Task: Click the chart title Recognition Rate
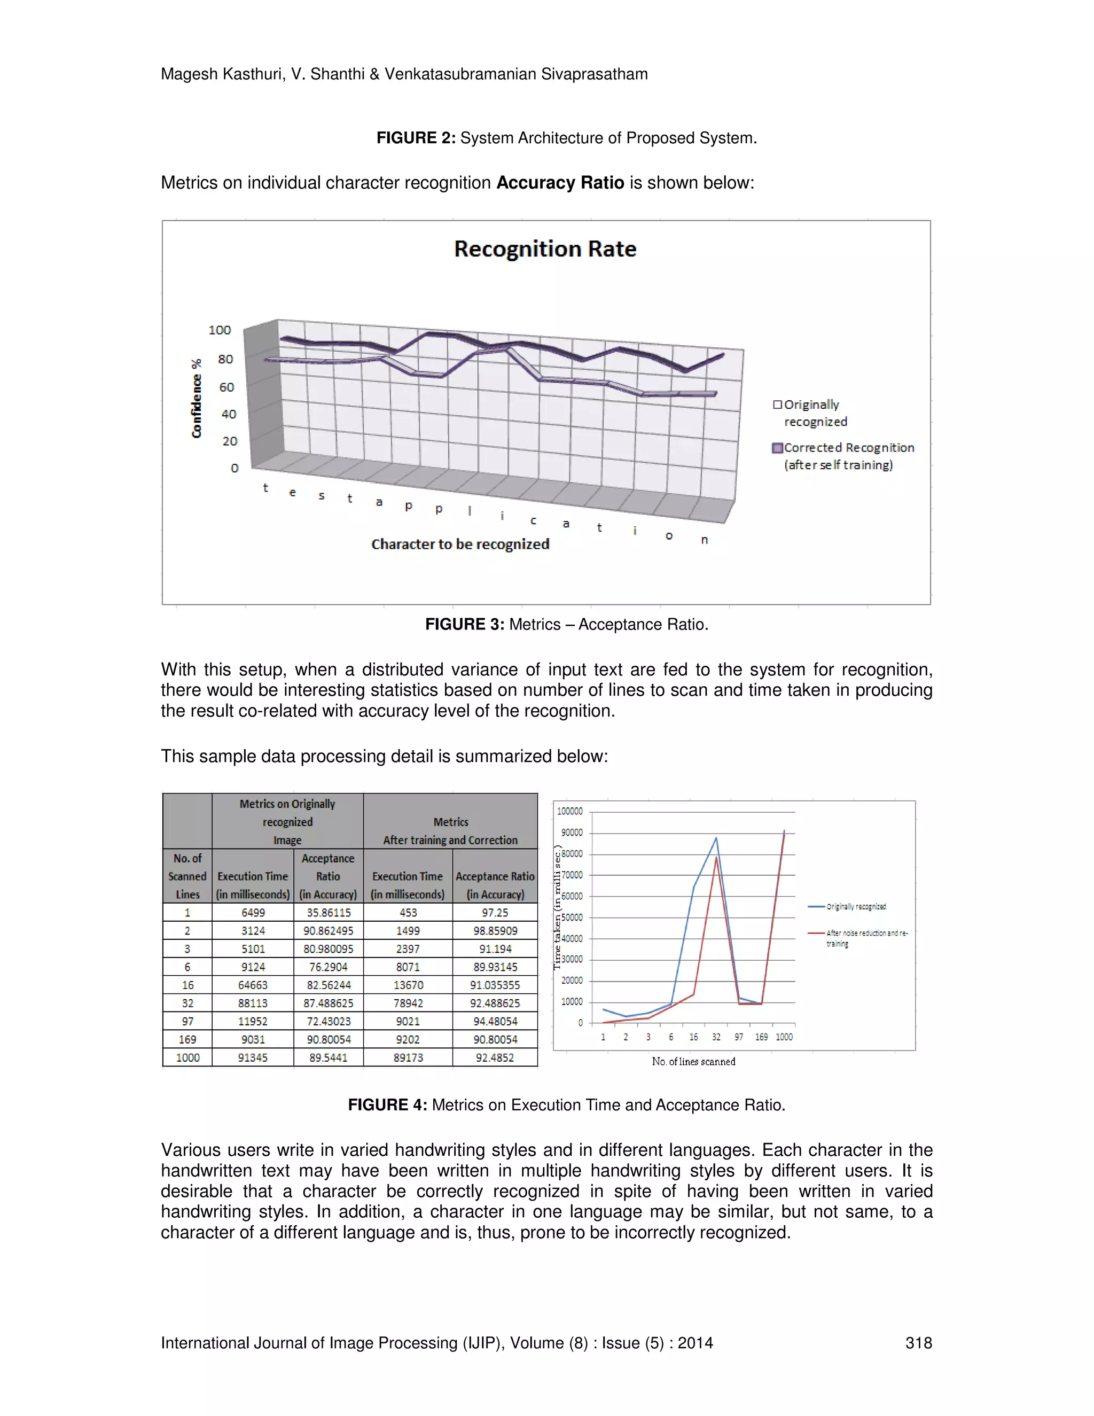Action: click(545, 249)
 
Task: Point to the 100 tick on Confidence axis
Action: click(220, 330)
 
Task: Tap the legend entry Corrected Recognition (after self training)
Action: click(842, 456)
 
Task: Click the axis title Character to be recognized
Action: click(460, 544)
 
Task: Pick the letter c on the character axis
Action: click(534, 520)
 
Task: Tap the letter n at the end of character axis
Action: click(705, 540)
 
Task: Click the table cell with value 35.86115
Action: click(329, 912)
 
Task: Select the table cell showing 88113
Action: click(253, 1003)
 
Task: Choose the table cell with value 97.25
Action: click(495, 912)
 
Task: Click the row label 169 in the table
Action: click(187, 1039)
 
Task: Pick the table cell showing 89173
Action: click(408, 1057)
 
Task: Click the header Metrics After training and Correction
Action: click(450, 830)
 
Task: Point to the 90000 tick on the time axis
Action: click(571, 833)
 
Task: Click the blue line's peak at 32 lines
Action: click(716, 838)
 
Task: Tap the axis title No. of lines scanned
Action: click(693, 1061)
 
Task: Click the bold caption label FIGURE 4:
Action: click(387, 1105)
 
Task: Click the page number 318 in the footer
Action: click(918, 1343)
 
